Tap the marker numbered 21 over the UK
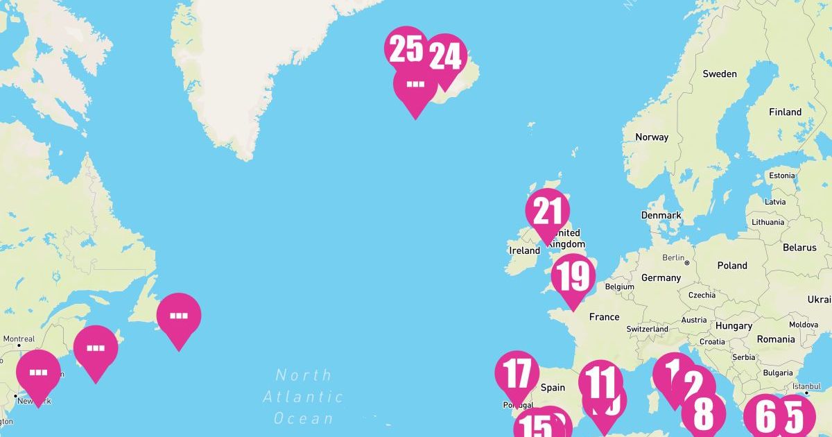(x=548, y=212)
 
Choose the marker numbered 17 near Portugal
(x=517, y=373)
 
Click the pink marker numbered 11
(x=600, y=380)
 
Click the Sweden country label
(x=720, y=74)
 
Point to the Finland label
(x=785, y=112)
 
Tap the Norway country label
(x=652, y=137)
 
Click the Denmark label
(x=661, y=215)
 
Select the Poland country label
(x=732, y=265)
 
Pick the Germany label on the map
(x=661, y=277)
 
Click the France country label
(x=604, y=316)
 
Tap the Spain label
(x=553, y=388)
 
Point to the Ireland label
(x=524, y=250)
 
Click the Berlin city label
(x=673, y=257)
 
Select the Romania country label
(x=776, y=339)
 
